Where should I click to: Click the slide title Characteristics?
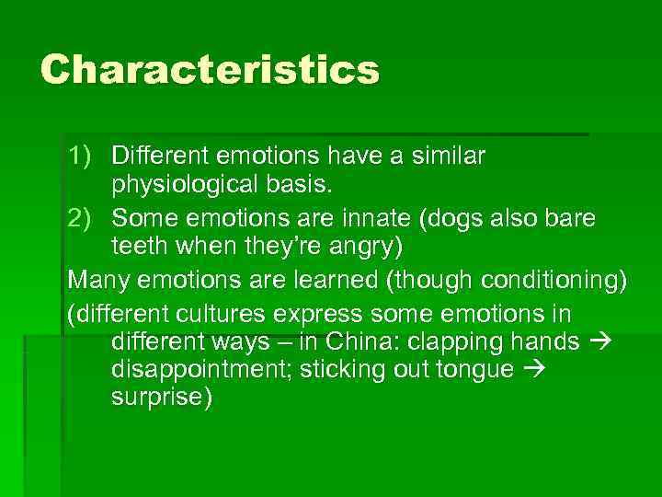[210, 70]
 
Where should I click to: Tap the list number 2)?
[84, 218]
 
